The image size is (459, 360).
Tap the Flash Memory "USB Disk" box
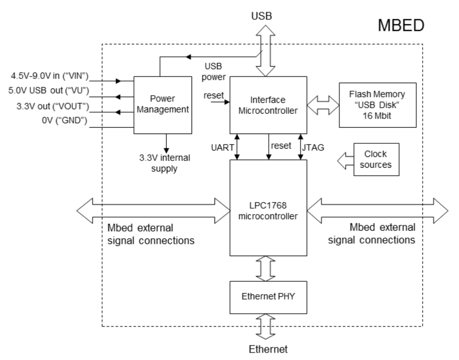[377, 104]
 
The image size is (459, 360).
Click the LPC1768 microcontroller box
[268, 208]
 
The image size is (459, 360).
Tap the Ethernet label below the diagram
[268, 349]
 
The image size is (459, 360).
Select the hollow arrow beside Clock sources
[344, 159]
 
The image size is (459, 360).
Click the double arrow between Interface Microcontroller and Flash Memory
[322, 105]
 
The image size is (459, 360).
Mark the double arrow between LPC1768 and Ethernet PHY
[268, 269]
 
